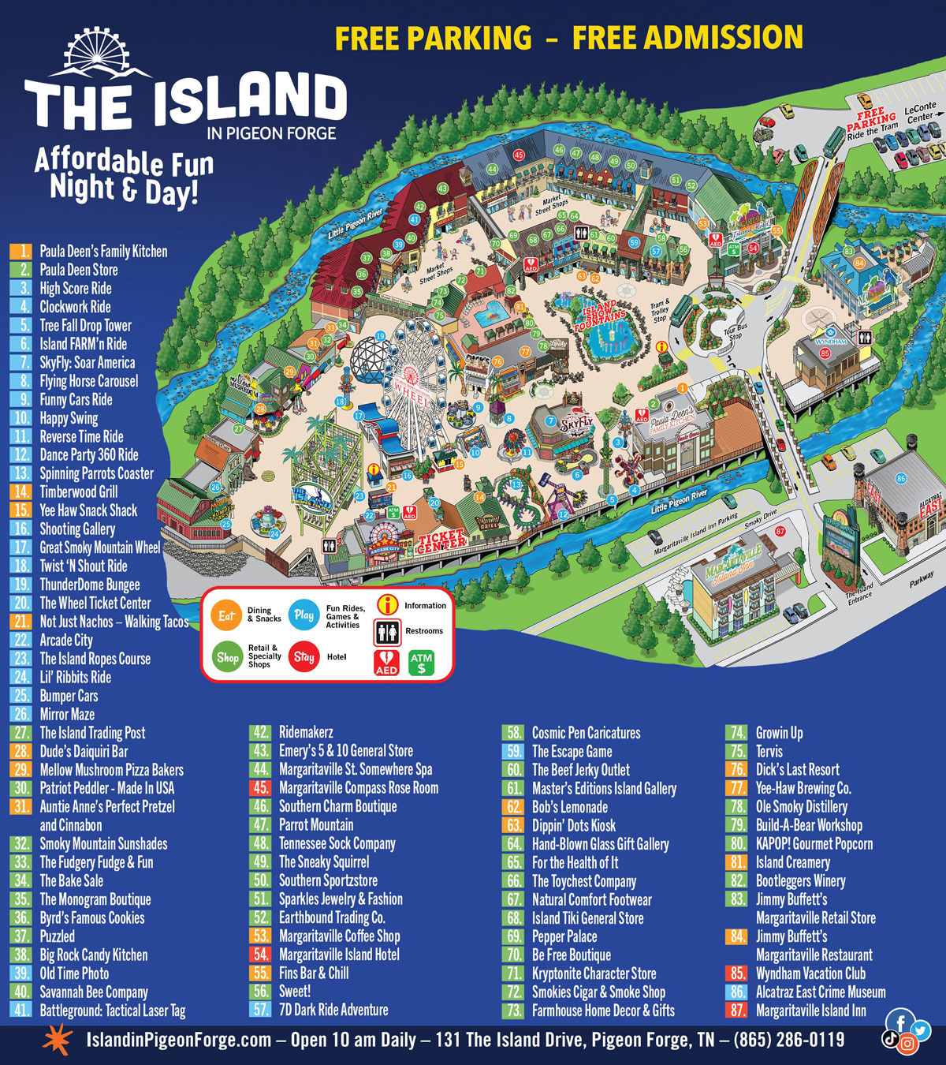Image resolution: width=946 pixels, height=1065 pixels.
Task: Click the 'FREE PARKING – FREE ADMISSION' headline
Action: pos(568,38)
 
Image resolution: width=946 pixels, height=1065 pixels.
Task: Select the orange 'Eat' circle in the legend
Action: pos(227,616)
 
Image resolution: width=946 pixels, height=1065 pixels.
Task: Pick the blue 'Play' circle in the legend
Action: pos(304,615)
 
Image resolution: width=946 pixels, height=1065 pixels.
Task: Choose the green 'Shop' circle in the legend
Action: pos(227,656)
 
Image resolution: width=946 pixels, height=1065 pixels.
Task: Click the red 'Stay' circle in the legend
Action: pos(304,656)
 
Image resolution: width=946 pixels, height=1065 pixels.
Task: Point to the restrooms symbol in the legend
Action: pos(387,631)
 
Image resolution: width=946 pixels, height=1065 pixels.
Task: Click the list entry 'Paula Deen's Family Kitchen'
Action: pos(103,252)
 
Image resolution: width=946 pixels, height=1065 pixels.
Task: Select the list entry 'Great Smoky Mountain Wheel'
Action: pos(99,547)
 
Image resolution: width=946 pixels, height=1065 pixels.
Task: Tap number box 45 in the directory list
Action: pos(260,788)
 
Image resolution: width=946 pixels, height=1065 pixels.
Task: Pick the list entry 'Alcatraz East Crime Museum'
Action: pos(820,992)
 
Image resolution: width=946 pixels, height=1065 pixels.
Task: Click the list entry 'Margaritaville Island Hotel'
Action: pos(339,955)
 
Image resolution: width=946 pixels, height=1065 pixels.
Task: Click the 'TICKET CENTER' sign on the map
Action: pos(441,540)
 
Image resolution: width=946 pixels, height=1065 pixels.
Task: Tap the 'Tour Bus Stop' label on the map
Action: pos(735,331)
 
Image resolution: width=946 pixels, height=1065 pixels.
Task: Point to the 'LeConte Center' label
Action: pos(920,113)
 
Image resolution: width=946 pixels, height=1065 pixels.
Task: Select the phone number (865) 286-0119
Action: pos(788,1040)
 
